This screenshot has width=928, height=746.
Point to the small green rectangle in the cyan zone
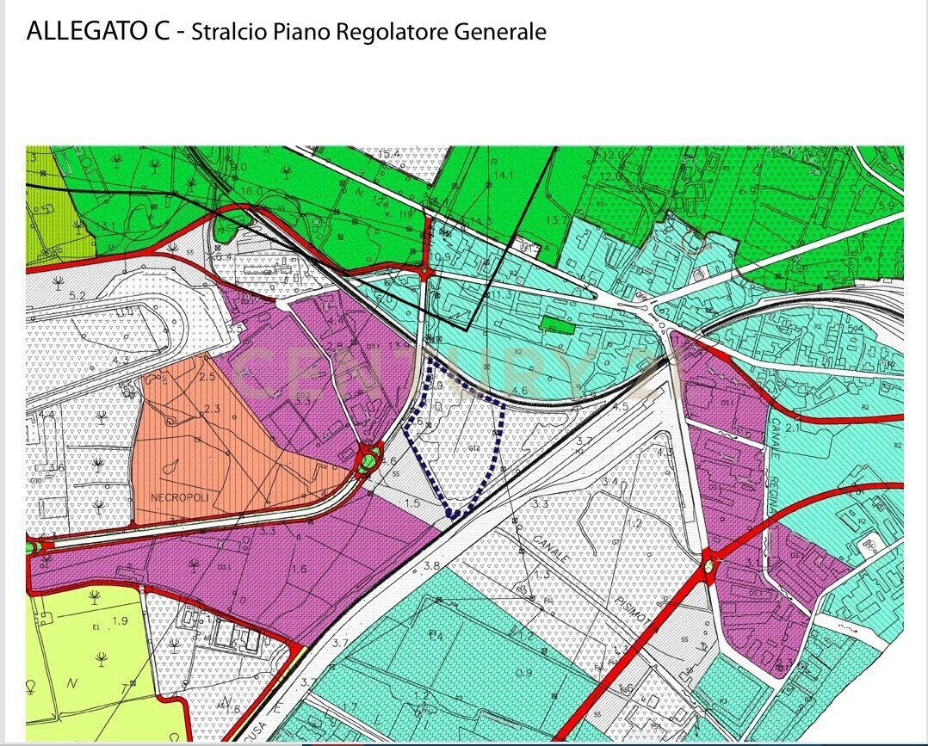[558, 324]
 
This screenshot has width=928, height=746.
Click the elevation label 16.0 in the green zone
[251, 191]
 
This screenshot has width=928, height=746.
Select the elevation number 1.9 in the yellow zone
[120, 620]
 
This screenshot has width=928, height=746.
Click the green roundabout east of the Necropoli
[369, 462]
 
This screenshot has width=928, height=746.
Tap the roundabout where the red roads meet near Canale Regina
[711, 566]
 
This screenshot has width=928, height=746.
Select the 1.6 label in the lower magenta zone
[298, 570]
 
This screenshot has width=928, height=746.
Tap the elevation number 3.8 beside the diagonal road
[431, 566]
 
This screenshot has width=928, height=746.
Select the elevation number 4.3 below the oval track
[121, 360]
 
